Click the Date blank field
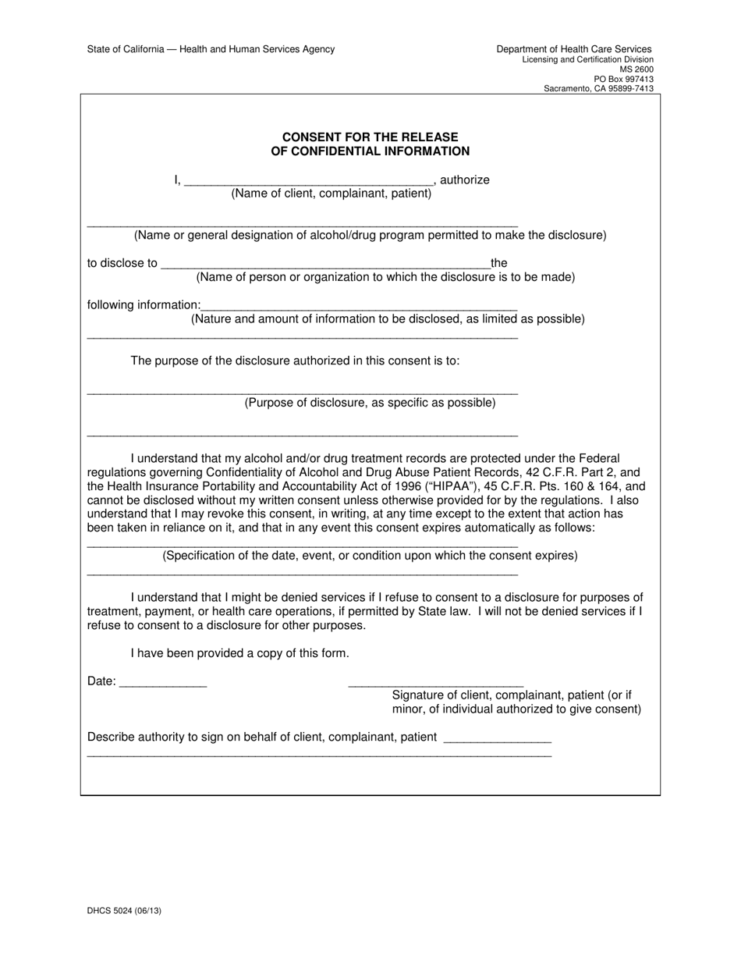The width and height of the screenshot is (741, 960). pyautogui.click(x=163, y=683)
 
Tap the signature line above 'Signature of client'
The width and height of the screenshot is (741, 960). pyautogui.click(x=435, y=683)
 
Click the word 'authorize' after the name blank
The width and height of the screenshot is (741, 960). pyautogui.click(x=465, y=180)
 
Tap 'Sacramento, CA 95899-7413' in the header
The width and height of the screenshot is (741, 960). pyautogui.click(x=598, y=89)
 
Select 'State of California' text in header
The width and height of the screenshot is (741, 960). pyautogui.click(x=125, y=49)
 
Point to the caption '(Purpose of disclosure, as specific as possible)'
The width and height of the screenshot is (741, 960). pyautogui.click(x=370, y=403)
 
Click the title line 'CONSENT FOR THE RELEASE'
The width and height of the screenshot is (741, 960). pyautogui.click(x=370, y=137)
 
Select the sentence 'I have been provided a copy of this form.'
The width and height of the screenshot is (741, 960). pyautogui.click(x=239, y=653)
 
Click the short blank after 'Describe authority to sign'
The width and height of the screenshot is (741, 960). pyautogui.click(x=496, y=738)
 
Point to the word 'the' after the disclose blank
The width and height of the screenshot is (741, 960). pyautogui.click(x=498, y=264)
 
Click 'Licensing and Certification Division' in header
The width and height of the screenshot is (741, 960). pyautogui.click(x=587, y=60)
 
